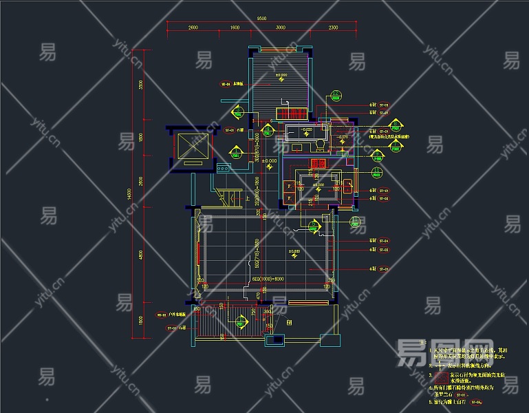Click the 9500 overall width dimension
pyautogui.click(x=262, y=19)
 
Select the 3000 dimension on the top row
pyautogui.click(x=281, y=27)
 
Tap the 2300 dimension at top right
pyautogui.click(x=333, y=27)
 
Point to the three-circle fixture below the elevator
pyautogui.click(x=223, y=168)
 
